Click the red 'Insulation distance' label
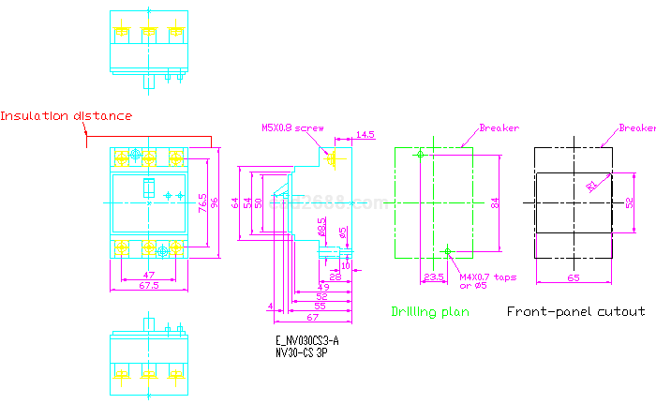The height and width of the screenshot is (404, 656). [x=66, y=116]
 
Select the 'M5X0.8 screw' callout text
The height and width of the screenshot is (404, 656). [x=291, y=128]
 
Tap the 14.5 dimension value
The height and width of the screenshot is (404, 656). [x=365, y=135]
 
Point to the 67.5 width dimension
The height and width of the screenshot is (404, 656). [x=149, y=285]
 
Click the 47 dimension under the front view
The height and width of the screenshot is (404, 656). [x=149, y=275]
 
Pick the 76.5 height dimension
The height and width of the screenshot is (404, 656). [x=203, y=202]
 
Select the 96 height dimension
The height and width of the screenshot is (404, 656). [x=215, y=202]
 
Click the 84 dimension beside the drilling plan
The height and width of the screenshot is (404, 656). [x=496, y=202]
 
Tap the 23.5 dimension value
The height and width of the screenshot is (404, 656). [x=433, y=277]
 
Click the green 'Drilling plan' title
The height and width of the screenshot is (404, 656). [x=430, y=311]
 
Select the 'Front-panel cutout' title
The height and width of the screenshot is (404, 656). [x=575, y=311]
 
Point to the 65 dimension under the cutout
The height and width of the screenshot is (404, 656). [x=574, y=277]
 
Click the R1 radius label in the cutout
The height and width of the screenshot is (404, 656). [x=591, y=186]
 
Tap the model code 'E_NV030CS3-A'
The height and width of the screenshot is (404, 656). [x=307, y=341]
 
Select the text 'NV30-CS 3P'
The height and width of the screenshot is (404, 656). [x=302, y=353]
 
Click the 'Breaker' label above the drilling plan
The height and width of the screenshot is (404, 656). [x=499, y=128]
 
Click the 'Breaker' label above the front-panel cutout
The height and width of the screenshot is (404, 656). [x=637, y=128]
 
